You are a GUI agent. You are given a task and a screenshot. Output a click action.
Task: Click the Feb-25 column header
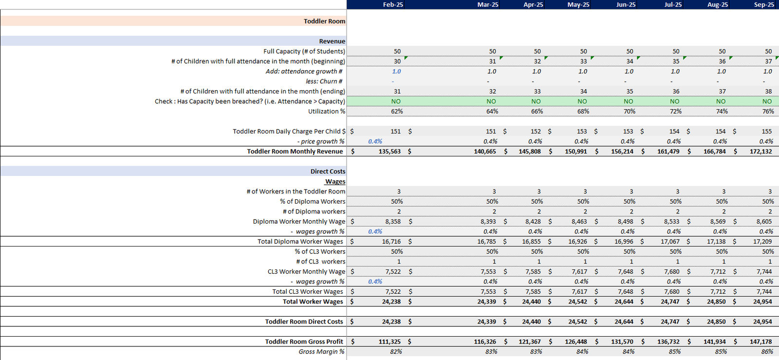pyautogui.click(x=392, y=4)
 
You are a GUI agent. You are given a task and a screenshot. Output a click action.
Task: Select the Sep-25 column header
pyautogui.click(x=764, y=4)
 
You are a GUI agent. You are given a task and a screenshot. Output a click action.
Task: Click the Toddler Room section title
pyautogui.click(x=324, y=21)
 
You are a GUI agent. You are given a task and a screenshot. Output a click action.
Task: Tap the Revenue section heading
pyautogui.click(x=332, y=41)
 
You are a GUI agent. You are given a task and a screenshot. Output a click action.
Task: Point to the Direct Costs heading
pyautogui.click(x=328, y=171)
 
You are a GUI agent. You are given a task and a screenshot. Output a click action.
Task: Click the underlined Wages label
pyautogui.click(x=335, y=181)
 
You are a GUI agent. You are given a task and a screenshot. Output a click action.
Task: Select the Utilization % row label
pyautogui.click(x=327, y=111)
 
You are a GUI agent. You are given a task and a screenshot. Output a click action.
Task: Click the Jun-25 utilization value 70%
pyautogui.click(x=630, y=111)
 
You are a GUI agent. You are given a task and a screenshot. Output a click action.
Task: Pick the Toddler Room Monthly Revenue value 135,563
pyautogui.click(x=389, y=152)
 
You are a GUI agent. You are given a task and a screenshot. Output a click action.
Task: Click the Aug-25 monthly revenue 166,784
pyautogui.click(x=714, y=152)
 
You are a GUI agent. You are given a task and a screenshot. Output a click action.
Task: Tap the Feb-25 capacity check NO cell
pyautogui.click(x=396, y=101)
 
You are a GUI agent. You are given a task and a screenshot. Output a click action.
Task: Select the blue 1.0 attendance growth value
pyautogui.click(x=396, y=71)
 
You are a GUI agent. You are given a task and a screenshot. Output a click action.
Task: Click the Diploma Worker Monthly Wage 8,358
pyautogui.click(x=393, y=221)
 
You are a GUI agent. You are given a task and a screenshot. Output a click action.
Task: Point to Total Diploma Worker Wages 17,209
pyautogui.click(x=762, y=242)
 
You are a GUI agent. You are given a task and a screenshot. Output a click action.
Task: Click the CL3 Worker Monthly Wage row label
pyautogui.click(x=306, y=271)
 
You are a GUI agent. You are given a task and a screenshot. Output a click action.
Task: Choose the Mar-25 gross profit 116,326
pyautogui.click(x=485, y=341)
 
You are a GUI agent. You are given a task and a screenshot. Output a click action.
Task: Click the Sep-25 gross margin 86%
pyautogui.click(x=767, y=352)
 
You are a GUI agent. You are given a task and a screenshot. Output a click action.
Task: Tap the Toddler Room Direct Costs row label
pyautogui.click(x=304, y=322)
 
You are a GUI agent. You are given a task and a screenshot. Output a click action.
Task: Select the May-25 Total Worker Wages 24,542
pyautogui.click(x=577, y=302)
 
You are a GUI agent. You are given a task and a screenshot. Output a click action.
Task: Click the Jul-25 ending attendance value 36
pyautogui.click(x=676, y=91)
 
